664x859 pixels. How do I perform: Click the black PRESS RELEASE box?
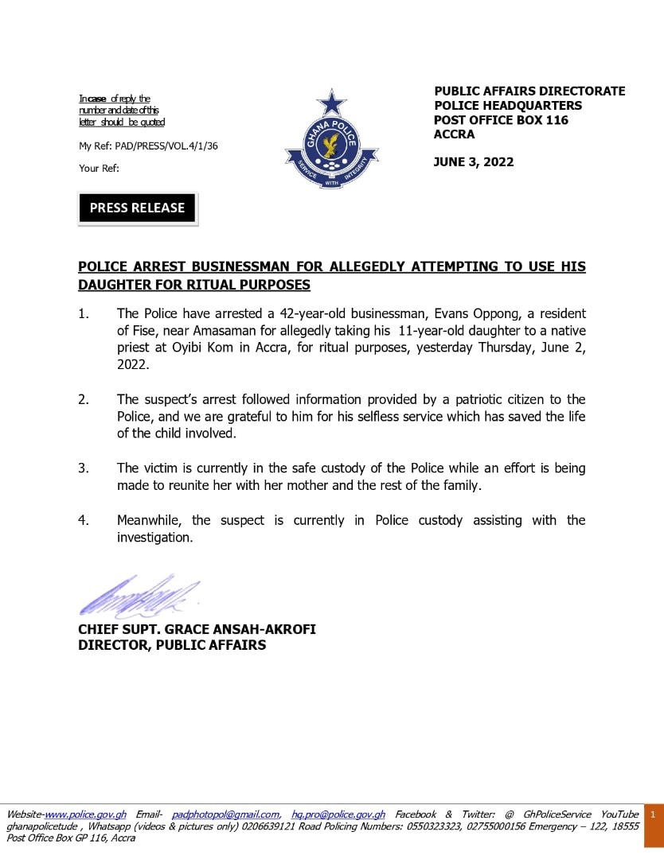[137, 208]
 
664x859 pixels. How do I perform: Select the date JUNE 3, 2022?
[474, 162]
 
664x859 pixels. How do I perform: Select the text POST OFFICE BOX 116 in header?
[501, 120]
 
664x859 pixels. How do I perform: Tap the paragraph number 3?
[84, 468]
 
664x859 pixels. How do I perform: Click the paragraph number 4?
[84, 520]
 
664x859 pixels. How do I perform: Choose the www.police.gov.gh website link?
[85, 814]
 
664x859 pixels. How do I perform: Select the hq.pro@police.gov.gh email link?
[338, 814]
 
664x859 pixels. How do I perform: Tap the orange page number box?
[653, 815]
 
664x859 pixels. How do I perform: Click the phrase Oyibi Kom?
[189, 348]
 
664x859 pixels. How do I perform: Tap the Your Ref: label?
[99, 168]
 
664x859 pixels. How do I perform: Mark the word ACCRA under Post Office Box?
[454, 134]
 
